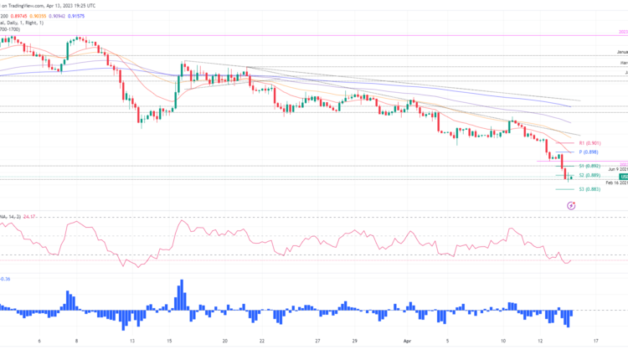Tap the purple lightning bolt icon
coord(570,204)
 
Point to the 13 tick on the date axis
coord(132,342)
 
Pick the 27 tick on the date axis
coord(318,342)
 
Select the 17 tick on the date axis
coord(596,342)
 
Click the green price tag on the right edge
coord(623,177)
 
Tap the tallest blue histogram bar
coord(180,294)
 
